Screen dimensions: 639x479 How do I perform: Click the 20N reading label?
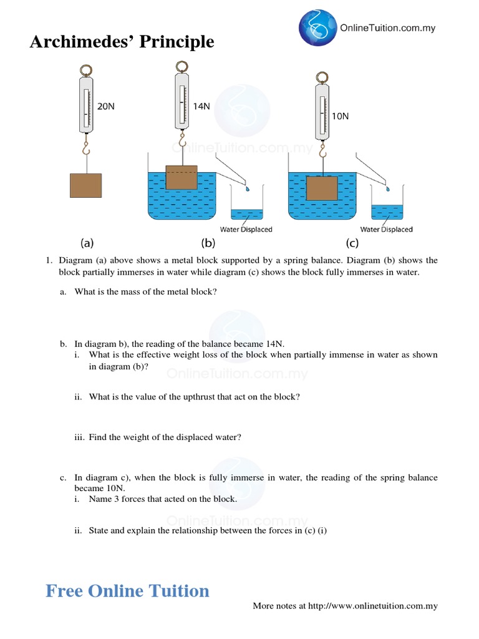(106, 107)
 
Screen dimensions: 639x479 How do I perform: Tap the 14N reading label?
(201, 107)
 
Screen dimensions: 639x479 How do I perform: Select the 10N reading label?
(340, 116)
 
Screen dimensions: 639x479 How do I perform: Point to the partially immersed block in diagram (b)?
(181, 177)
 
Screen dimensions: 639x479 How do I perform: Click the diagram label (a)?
(87, 243)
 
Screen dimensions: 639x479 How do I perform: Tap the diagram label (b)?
(208, 243)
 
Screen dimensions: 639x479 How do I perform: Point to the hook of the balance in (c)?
(322, 152)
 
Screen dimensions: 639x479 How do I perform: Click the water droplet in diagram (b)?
(248, 187)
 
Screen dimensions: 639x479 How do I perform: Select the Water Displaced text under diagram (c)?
(386, 229)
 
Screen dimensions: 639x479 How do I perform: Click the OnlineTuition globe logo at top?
(317, 27)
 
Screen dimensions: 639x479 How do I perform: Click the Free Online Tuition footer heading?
(127, 590)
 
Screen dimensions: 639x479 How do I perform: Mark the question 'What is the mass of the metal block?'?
(145, 291)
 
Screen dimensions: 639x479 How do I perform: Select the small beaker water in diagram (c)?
(387, 212)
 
